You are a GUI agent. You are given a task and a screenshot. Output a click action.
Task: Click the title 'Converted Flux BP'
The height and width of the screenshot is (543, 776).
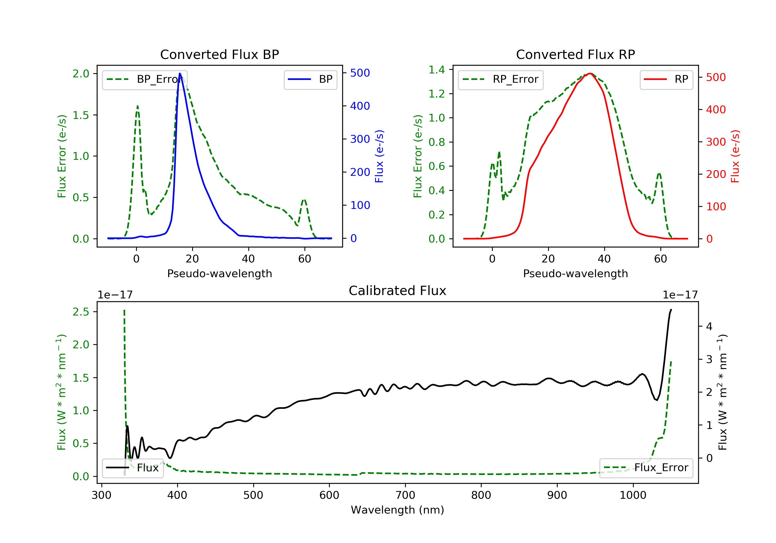pyautogui.click(x=219, y=54)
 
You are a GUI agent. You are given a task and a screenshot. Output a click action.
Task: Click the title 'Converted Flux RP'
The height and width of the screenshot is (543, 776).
pyautogui.click(x=575, y=54)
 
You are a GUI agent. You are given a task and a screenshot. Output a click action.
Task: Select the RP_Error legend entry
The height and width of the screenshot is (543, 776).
pyautogui.click(x=500, y=79)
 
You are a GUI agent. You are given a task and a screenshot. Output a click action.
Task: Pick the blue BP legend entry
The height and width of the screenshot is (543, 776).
pyautogui.click(x=310, y=79)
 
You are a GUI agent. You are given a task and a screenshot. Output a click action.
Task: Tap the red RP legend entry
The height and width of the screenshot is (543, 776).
pyautogui.click(x=666, y=79)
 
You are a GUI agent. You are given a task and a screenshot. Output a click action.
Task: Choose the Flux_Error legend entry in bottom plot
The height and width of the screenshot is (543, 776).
pyautogui.click(x=646, y=468)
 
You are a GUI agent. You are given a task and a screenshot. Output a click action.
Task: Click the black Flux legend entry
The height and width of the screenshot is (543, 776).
pyautogui.click(x=132, y=468)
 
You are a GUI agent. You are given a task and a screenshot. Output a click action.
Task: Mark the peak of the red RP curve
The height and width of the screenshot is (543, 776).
pyautogui.click(x=590, y=73)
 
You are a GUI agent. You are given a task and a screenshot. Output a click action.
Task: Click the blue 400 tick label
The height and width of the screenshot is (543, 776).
pyautogui.click(x=360, y=106)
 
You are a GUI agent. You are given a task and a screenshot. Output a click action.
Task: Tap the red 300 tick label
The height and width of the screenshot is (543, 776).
pyautogui.click(x=716, y=142)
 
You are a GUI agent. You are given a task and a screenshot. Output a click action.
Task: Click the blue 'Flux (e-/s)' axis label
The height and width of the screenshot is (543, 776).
pyautogui.click(x=379, y=156)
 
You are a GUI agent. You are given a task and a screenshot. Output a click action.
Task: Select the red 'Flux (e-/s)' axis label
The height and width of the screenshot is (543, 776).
pyautogui.click(x=735, y=156)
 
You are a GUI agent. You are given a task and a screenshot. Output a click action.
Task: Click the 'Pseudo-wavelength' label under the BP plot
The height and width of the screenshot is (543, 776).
pyautogui.click(x=219, y=273)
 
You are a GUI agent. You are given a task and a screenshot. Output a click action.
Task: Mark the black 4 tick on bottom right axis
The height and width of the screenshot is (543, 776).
pyautogui.click(x=710, y=326)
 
